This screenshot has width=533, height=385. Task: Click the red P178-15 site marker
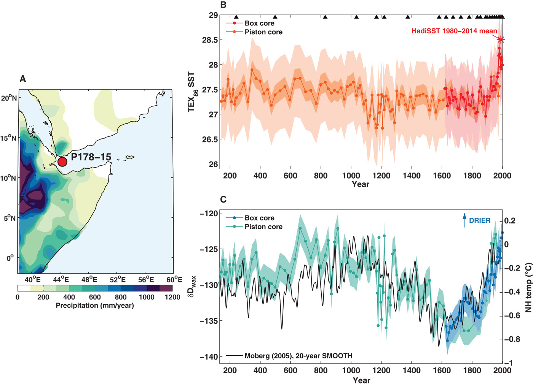coord(62,162)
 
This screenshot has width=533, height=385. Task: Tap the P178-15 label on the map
coord(91,157)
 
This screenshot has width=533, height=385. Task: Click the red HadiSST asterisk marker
coord(501,40)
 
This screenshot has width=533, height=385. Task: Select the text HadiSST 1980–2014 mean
coord(454,31)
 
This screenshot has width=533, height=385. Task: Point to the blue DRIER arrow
coord(464,220)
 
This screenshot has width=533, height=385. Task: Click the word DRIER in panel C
coord(480,220)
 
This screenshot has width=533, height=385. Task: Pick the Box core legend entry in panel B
coord(259,23)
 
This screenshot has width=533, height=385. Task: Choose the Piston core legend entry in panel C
coord(263,227)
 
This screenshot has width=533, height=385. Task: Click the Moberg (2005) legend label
coord(298,356)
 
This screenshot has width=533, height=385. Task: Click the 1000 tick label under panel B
coord(351,176)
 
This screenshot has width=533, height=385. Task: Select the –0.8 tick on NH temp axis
coord(512,339)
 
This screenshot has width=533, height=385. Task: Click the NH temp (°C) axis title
coord(528,287)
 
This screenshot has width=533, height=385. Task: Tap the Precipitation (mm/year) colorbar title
coord(95,305)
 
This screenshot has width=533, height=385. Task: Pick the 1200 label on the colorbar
coord(172,297)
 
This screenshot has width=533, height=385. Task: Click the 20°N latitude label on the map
coord(9,98)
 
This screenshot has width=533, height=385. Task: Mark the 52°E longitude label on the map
coord(118,280)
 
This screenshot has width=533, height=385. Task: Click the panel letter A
coord(23,79)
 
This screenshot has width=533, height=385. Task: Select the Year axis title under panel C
coord(361,380)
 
